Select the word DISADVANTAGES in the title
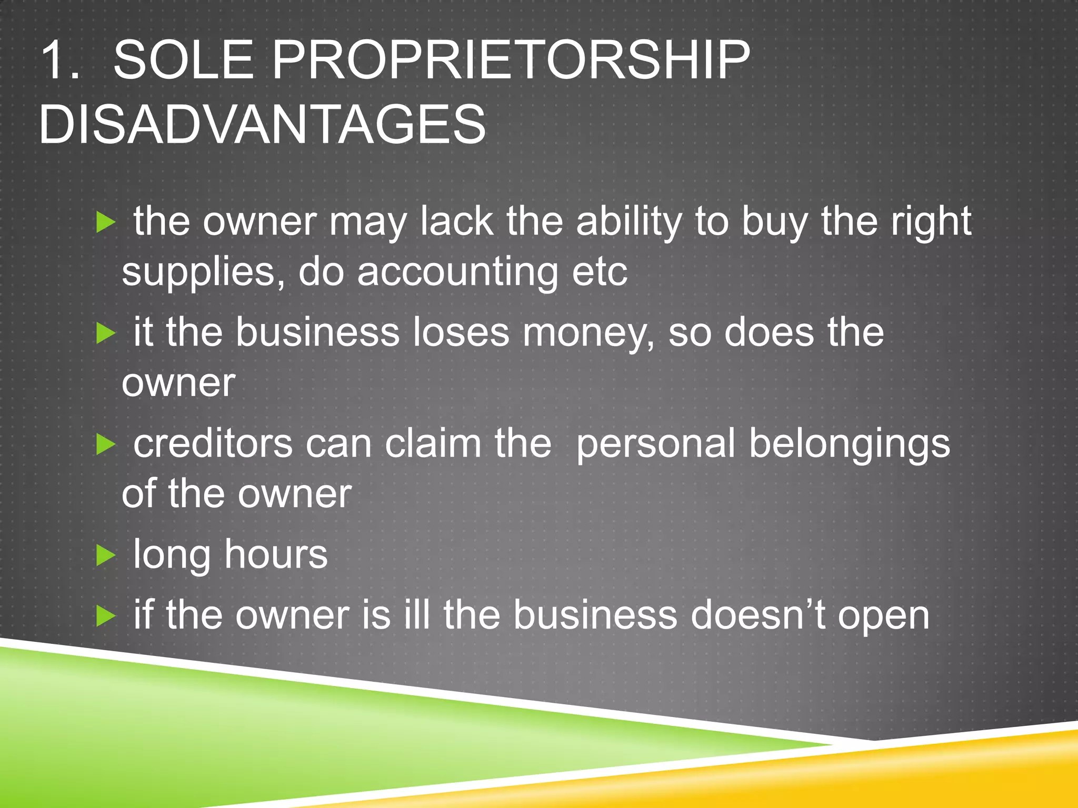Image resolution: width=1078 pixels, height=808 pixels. pyautogui.click(x=262, y=124)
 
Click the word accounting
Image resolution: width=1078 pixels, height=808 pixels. pyautogui.click(x=457, y=272)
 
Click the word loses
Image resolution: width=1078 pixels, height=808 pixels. pyautogui.click(x=461, y=332)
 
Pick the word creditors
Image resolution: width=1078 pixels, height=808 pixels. pyautogui.click(x=213, y=443)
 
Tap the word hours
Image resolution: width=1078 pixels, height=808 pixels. pyautogui.click(x=276, y=554)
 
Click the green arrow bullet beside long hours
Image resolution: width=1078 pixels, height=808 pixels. pyautogui.click(x=106, y=555)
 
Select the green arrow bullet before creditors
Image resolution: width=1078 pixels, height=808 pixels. pyautogui.click(x=106, y=445)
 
